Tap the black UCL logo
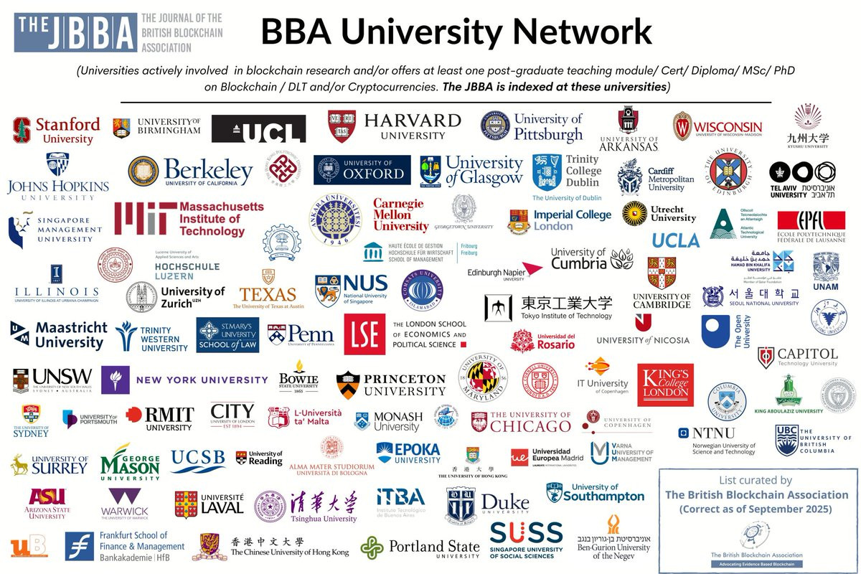click(x=258, y=129)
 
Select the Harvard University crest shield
click(x=342, y=126)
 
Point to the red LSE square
click(x=364, y=334)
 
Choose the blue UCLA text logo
click(x=676, y=240)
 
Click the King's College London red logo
click(x=665, y=385)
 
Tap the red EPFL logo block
click(x=811, y=220)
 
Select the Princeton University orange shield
click(x=347, y=384)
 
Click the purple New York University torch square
click(x=115, y=380)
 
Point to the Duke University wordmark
click(x=504, y=503)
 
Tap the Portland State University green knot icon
click(x=372, y=547)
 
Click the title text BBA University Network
click(x=456, y=32)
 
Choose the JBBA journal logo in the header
click(x=75, y=32)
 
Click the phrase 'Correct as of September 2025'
click(x=756, y=509)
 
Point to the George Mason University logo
click(x=130, y=462)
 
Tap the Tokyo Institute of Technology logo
click(x=549, y=306)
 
